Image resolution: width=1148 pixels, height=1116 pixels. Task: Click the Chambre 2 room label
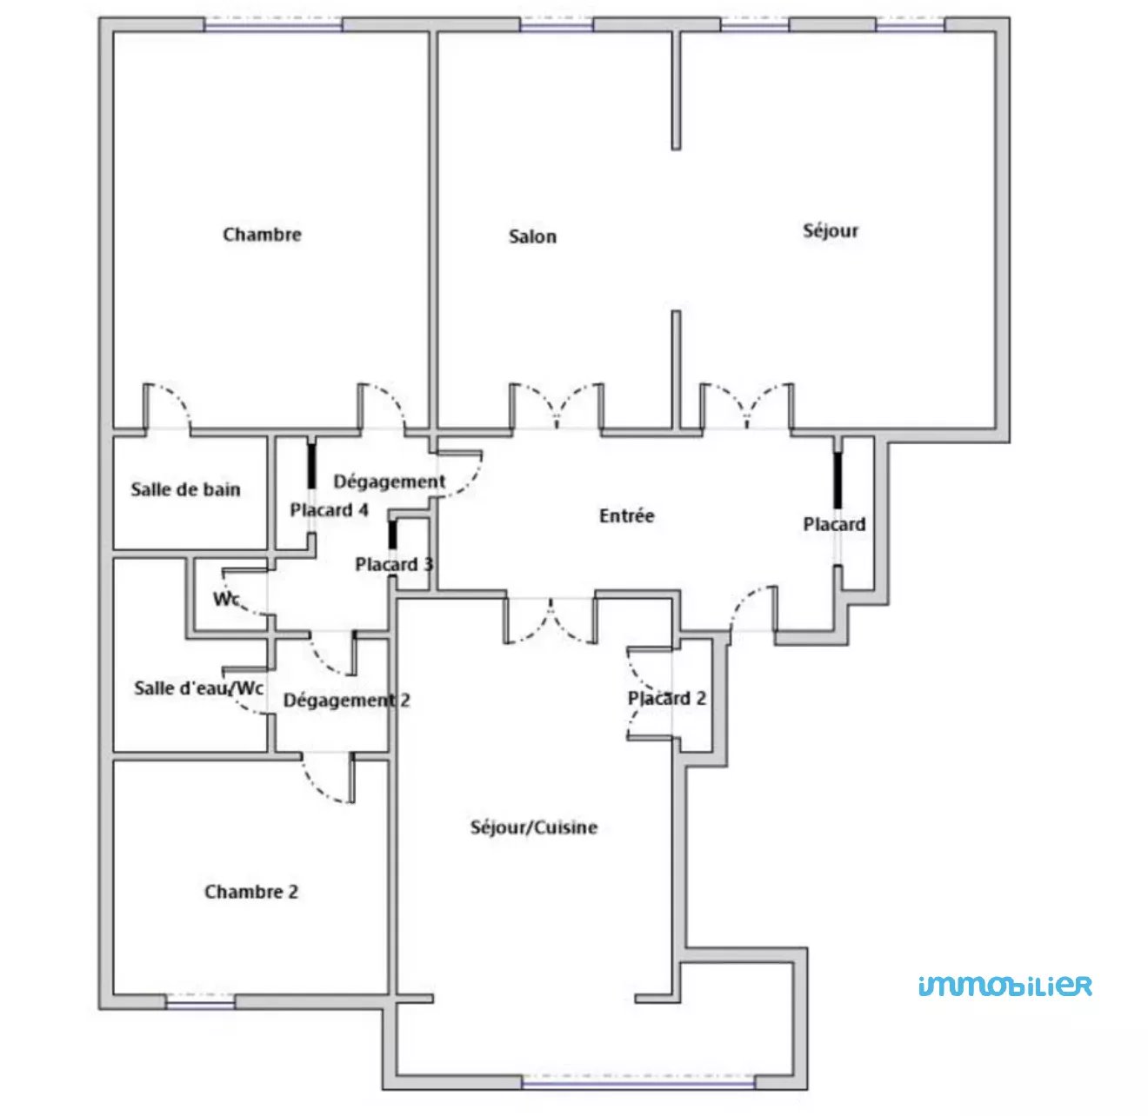click(251, 892)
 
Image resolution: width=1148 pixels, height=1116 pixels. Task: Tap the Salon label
click(532, 236)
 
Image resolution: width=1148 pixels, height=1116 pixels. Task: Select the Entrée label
click(626, 516)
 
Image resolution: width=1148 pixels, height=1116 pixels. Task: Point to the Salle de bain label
click(186, 488)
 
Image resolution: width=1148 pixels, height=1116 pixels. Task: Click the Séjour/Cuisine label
click(533, 827)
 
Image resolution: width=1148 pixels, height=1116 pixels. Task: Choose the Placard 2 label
click(666, 698)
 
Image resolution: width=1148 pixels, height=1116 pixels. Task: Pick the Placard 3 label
click(394, 564)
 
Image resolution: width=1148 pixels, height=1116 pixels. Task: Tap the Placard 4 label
click(329, 509)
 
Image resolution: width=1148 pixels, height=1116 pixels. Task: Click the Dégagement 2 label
click(346, 700)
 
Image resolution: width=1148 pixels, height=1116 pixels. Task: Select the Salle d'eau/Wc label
click(199, 688)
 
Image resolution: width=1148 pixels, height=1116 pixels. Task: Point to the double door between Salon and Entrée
click(557, 407)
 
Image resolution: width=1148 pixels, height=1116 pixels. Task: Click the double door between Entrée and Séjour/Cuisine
click(550, 621)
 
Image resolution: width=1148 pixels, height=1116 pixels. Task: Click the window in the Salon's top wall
click(557, 24)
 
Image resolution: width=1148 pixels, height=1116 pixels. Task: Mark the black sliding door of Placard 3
click(392, 535)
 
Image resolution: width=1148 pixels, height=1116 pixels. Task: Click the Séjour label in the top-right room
click(830, 230)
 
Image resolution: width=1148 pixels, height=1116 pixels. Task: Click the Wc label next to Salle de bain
click(226, 599)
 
